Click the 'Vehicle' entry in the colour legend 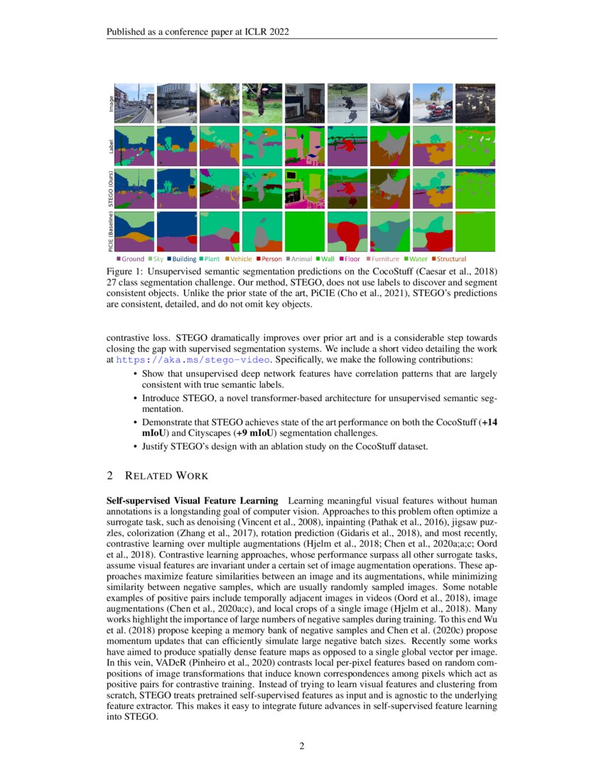pos(238,259)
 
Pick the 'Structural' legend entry pos(449,259)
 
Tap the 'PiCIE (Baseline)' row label pos(110,231)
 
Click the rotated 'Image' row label pos(110,104)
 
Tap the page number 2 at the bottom pos(302,745)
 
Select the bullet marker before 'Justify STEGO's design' pos(135,447)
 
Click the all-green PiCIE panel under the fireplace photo pos(305,231)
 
